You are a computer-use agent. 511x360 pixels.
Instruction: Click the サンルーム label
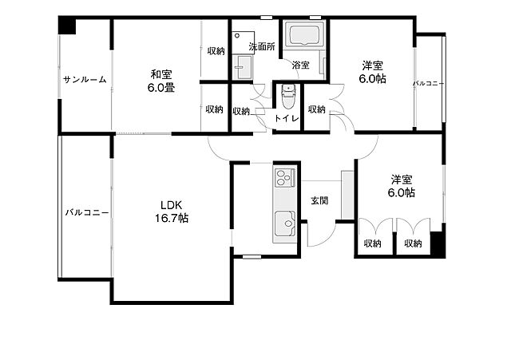pyautogui.click(x=85, y=80)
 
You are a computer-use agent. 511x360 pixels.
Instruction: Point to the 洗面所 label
pyautogui.click(x=261, y=48)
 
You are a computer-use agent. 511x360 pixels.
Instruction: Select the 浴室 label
pyautogui.click(x=300, y=65)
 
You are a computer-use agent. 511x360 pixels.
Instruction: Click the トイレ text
pyautogui.click(x=287, y=119)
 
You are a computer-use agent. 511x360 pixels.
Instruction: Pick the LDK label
pyautogui.click(x=172, y=204)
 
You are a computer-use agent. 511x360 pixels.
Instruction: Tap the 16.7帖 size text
pyautogui.click(x=172, y=217)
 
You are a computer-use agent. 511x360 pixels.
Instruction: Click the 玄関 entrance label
pyautogui.click(x=319, y=200)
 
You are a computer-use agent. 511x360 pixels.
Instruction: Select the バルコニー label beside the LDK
pyautogui.click(x=86, y=213)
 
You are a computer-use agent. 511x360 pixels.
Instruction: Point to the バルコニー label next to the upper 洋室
pyautogui.click(x=429, y=83)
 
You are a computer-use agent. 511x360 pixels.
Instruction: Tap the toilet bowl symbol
pyautogui.click(x=287, y=99)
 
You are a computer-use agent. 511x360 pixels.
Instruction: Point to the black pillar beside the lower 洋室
pyautogui.click(x=438, y=243)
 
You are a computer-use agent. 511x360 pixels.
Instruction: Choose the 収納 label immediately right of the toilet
pyautogui.click(x=317, y=109)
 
